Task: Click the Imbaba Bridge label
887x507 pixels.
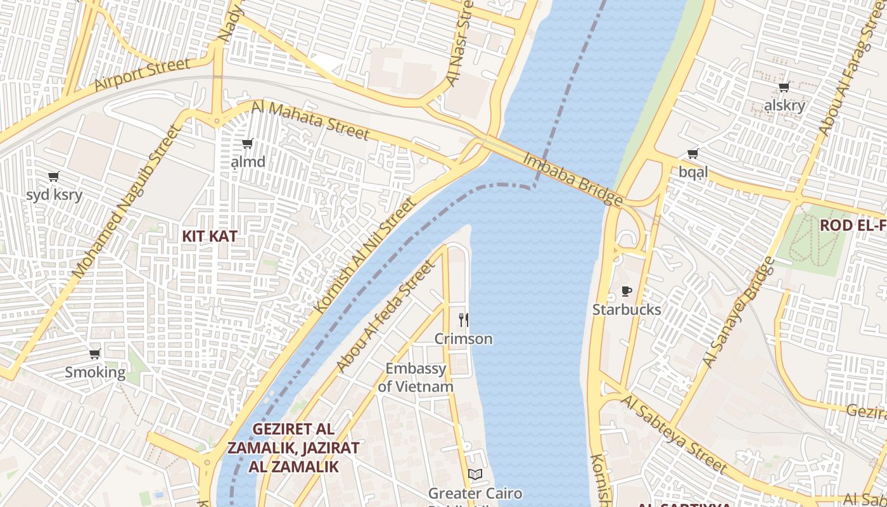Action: click(x=572, y=179)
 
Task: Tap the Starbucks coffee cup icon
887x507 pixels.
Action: click(x=627, y=292)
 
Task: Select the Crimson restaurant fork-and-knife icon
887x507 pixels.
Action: click(x=464, y=320)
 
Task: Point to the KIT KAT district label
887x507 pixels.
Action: click(x=210, y=236)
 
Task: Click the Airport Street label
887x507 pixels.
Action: click(x=142, y=74)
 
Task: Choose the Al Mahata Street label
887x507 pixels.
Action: click(x=310, y=120)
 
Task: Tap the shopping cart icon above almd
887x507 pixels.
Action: click(x=248, y=144)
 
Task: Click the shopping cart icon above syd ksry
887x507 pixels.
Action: click(x=54, y=176)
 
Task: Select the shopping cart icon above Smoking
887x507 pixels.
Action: click(x=95, y=354)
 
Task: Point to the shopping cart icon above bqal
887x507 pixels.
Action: click(x=693, y=153)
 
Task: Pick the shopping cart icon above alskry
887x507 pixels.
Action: click(x=784, y=87)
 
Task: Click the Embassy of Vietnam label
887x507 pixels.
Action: click(x=416, y=377)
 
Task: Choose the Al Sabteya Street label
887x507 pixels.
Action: click(x=673, y=434)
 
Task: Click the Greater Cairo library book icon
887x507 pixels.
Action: click(x=475, y=474)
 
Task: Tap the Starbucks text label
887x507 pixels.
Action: click(x=627, y=310)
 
